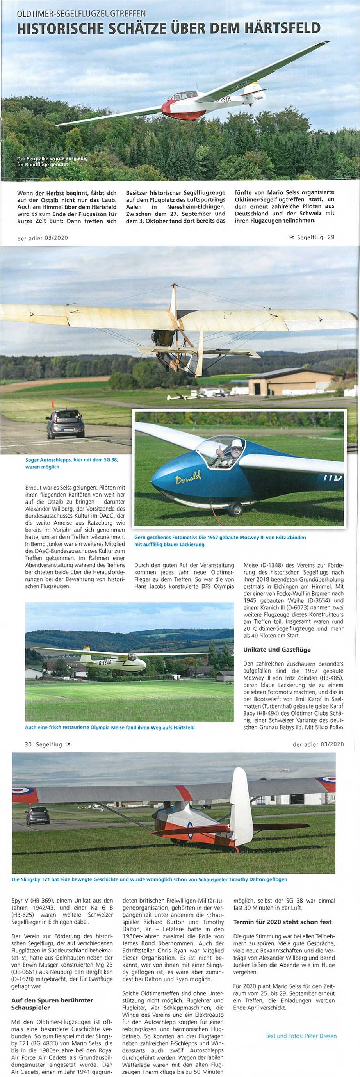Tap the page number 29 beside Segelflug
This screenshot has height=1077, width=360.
[x=331, y=237]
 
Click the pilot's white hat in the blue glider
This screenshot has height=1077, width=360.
[x=237, y=443]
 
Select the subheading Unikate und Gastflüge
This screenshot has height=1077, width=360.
[x=277, y=650]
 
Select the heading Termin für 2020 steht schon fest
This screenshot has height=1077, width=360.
[x=282, y=922]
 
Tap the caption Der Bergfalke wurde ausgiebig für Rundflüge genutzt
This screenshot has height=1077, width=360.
[x=52, y=161]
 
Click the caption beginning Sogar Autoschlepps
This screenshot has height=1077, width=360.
[x=71, y=463]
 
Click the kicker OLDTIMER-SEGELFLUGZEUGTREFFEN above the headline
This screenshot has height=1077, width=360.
[x=82, y=14]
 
